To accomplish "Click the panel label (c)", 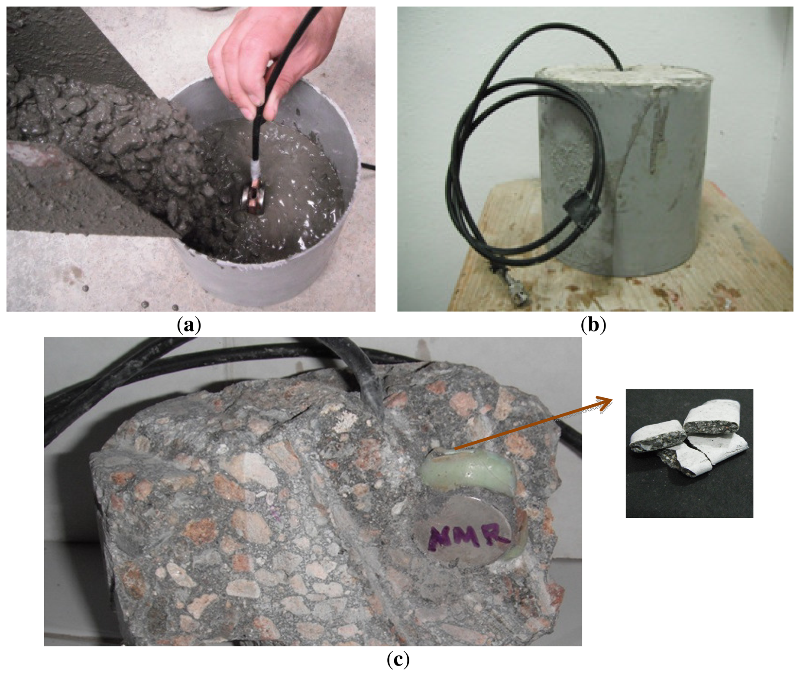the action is [398, 660].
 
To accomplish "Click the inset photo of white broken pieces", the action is [689, 453].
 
